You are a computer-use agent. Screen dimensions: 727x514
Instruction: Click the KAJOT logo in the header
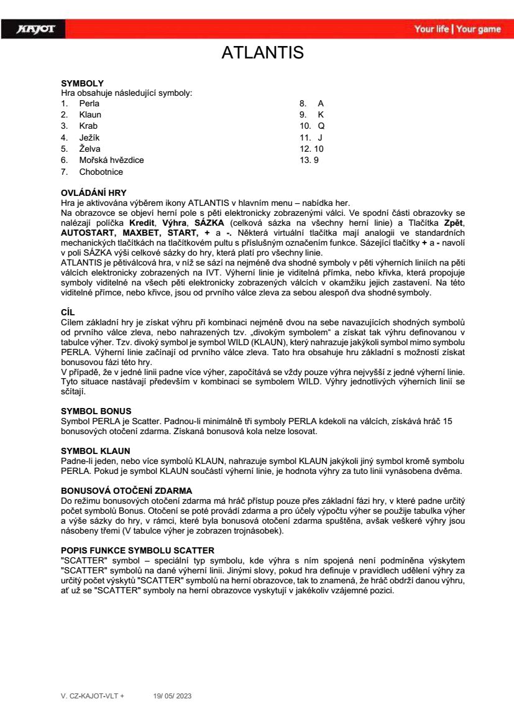tap(37, 29)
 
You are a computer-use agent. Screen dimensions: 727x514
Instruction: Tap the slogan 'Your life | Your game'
tap(457, 29)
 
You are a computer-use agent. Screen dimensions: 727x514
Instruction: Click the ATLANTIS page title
tap(262, 53)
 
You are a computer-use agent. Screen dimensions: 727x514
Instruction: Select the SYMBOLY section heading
tap(82, 83)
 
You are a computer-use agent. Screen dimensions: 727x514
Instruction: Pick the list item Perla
tap(89, 103)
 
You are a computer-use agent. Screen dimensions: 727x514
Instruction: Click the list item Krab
tap(88, 126)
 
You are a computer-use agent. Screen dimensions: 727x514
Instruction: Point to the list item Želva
tap(89, 149)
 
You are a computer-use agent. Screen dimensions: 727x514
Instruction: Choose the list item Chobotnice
tap(101, 172)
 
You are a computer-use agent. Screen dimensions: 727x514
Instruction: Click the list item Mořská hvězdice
tap(111, 160)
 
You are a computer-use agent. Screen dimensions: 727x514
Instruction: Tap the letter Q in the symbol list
tap(321, 126)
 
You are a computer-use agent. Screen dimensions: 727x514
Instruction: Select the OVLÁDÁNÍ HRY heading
tap(93, 193)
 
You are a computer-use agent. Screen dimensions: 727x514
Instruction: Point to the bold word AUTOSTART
tap(87, 232)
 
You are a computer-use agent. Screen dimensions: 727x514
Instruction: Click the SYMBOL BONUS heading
tap(91, 412)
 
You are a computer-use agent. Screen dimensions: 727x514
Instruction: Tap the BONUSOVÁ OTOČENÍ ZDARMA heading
tap(126, 491)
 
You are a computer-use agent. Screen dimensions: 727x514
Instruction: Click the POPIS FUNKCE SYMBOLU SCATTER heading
tap(137, 550)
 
